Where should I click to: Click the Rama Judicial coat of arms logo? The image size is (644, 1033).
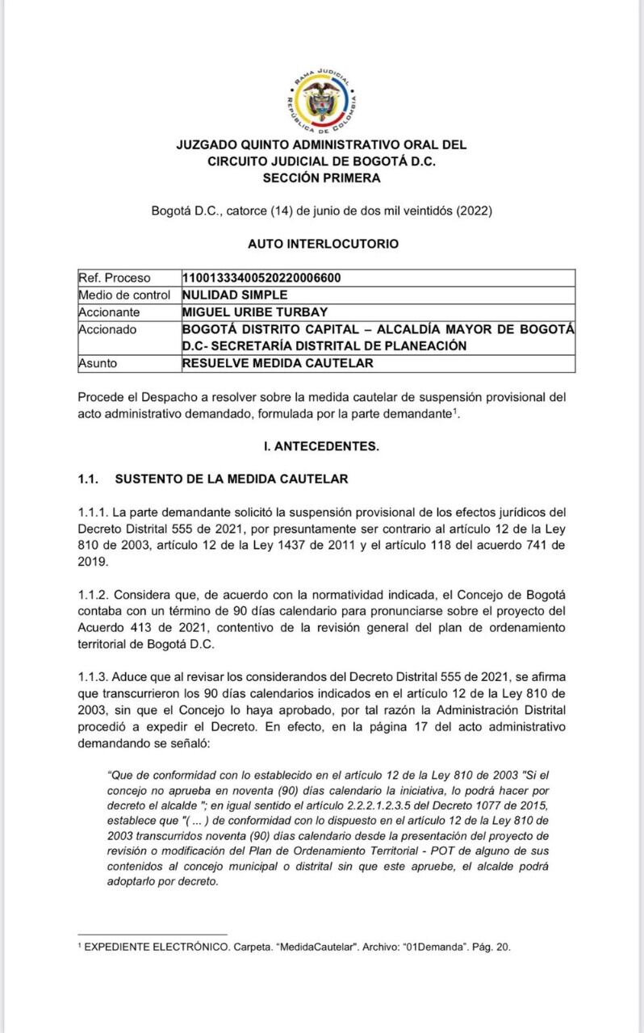[322, 102]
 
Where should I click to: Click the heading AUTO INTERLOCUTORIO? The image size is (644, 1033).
[322, 243]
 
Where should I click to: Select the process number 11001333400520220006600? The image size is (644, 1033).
[261, 278]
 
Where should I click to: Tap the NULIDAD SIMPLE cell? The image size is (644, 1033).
[235, 295]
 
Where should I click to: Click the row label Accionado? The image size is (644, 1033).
[108, 329]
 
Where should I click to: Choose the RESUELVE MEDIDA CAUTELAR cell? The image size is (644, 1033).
[278, 363]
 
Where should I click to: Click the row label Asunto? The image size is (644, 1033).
[98, 363]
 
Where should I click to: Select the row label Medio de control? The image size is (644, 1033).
[124, 295]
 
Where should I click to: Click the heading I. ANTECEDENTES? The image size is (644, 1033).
[321, 445]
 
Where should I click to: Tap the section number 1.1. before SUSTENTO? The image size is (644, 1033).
[88, 479]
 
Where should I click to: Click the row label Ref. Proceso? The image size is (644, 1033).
[114, 278]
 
